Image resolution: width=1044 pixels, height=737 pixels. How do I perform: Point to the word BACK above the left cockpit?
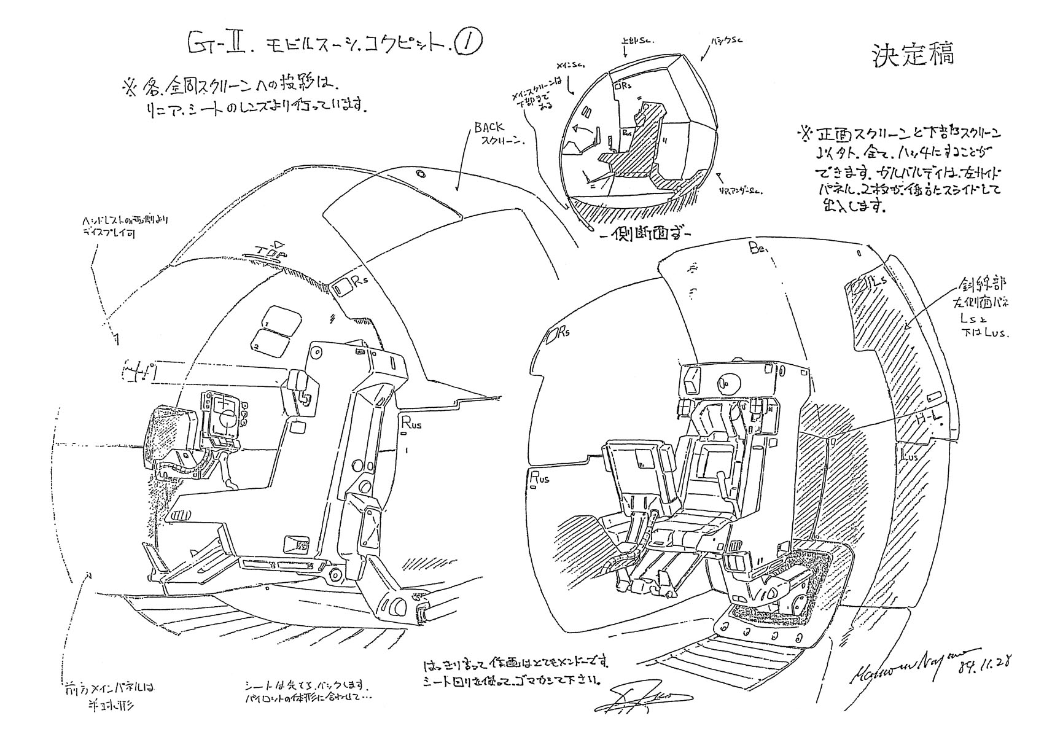[x=489, y=128]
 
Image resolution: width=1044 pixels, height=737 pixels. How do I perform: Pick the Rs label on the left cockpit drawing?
[x=359, y=282]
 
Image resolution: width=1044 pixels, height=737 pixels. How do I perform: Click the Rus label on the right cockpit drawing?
[x=539, y=476]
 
